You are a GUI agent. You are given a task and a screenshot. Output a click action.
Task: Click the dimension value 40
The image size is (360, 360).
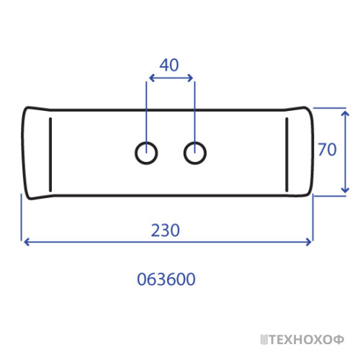[x=169, y=65]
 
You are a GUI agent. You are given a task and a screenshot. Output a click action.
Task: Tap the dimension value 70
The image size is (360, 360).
[x=328, y=150]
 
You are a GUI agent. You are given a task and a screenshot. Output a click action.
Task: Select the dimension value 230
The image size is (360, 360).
[x=166, y=230]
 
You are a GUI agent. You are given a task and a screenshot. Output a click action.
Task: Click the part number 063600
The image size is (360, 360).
[x=166, y=279]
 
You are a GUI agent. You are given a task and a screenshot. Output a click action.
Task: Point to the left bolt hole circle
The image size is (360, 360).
[x=135, y=153]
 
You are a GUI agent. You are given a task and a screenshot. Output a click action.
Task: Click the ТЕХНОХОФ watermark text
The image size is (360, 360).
[x=307, y=340]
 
